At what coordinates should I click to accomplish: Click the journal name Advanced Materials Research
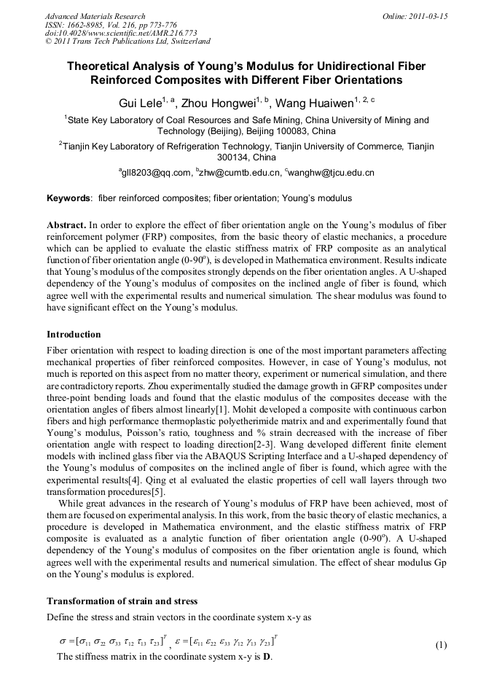[x=95, y=16]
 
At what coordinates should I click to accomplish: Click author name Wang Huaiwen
[x=314, y=103]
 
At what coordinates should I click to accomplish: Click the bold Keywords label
[x=69, y=198]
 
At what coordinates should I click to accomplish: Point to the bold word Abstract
[x=66, y=226]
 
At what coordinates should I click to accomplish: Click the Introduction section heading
[x=74, y=335]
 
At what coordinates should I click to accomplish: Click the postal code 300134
[x=233, y=157]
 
